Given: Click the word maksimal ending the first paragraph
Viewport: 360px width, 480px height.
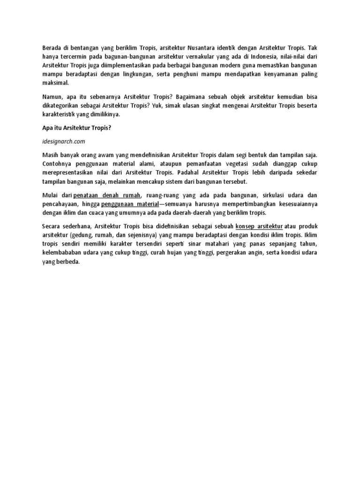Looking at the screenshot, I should tap(55, 82).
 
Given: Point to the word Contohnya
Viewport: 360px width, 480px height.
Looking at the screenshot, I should tap(58, 163).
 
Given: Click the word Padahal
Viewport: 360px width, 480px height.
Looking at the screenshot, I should tap(191, 172).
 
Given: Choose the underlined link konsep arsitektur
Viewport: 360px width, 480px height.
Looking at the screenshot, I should tap(259, 226).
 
